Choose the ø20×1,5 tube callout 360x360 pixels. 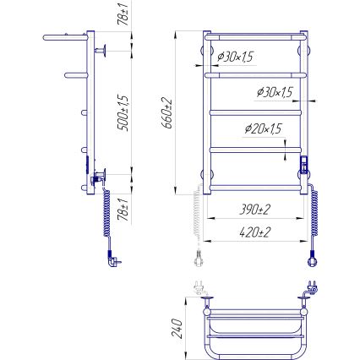(263, 128)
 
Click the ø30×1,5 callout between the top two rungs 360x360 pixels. (237, 56)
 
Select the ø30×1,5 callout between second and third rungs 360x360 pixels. (272, 91)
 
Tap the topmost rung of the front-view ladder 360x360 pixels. (254, 38)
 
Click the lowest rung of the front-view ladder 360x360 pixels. (254, 185)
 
